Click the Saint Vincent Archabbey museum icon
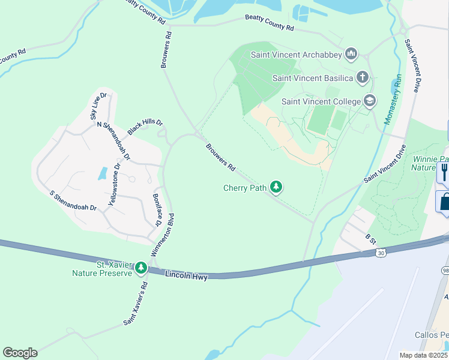tap(351, 55)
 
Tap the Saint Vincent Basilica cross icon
tap(362, 77)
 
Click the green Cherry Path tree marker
tap(276, 188)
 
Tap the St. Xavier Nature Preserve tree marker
tap(141, 268)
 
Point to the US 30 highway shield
tap(381, 254)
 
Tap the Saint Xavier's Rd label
tap(136, 304)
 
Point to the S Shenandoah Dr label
tap(73, 200)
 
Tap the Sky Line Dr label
tap(98, 107)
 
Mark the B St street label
tap(371, 238)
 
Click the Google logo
tap(20, 353)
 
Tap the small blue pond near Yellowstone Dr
tap(103, 174)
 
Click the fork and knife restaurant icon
tap(444, 172)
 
